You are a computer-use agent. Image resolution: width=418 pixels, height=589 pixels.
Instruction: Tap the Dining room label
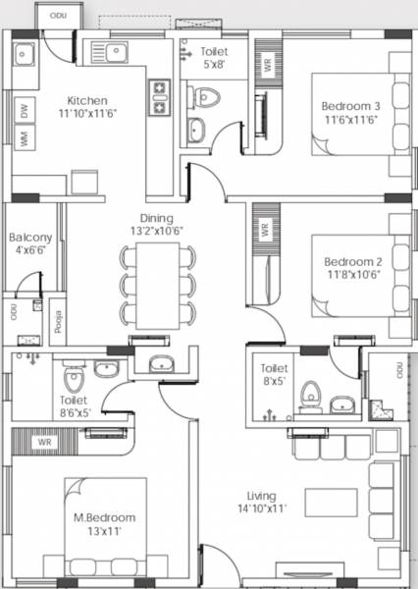[156, 218]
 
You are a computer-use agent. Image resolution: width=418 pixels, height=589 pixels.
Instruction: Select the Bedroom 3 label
[349, 106]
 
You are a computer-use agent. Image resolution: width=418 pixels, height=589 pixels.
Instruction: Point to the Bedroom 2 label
[351, 261]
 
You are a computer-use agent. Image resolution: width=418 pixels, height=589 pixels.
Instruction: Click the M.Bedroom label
[103, 517]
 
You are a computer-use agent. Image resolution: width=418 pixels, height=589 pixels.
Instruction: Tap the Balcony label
[29, 238]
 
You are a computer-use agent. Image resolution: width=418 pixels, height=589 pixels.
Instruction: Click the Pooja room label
[58, 321]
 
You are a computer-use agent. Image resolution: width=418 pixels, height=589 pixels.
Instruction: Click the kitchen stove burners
[158, 96]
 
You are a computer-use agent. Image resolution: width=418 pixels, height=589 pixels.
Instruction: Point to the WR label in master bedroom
[45, 443]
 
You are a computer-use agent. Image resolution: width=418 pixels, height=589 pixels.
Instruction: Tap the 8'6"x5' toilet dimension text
[74, 413]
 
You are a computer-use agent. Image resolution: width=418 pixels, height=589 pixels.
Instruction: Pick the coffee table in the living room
[331, 503]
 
